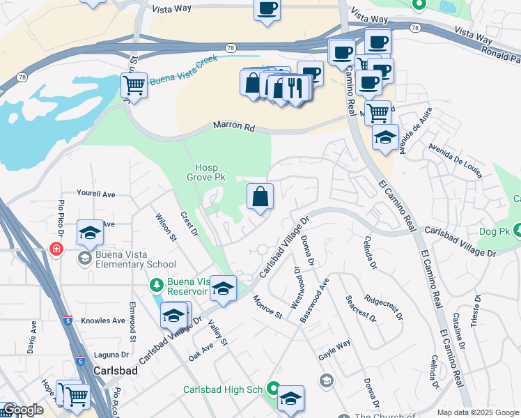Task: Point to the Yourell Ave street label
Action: click(x=95, y=194)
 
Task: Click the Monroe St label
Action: click(x=267, y=306)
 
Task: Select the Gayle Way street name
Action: click(x=334, y=344)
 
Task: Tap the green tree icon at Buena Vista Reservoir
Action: click(x=157, y=285)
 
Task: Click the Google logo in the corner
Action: click(x=22, y=410)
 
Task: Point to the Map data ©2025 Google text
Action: click(x=477, y=412)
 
